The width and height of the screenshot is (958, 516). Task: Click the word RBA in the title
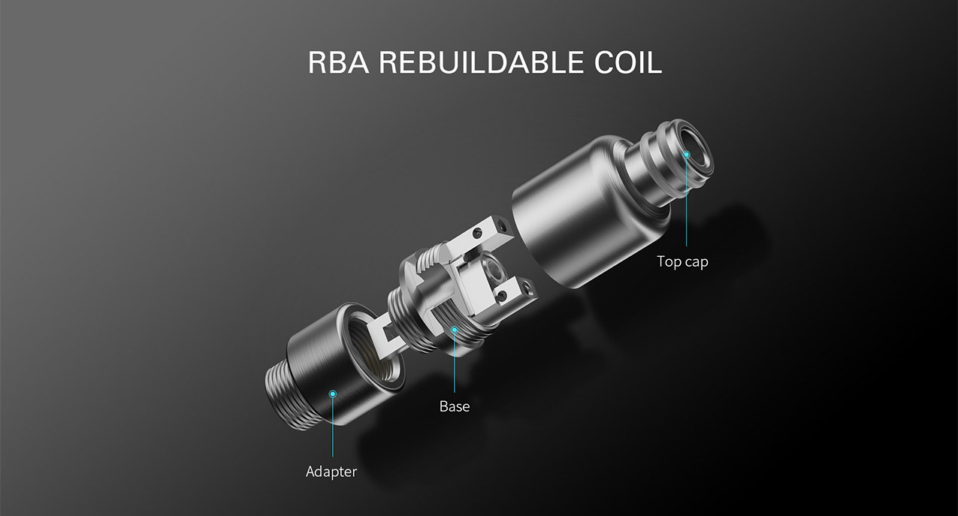[x=338, y=62]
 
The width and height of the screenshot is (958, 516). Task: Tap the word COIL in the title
[x=628, y=62]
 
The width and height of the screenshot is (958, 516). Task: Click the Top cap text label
[x=682, y=261]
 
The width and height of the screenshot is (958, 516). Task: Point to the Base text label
[x=455, y=406]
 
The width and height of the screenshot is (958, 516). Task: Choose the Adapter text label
[x=331, y=472]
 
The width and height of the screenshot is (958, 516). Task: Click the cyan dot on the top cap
[x=687, y=154]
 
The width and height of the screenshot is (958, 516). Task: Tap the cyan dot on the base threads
[x=455, y=330]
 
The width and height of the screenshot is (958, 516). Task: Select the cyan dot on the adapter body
[x=333, y=394]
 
